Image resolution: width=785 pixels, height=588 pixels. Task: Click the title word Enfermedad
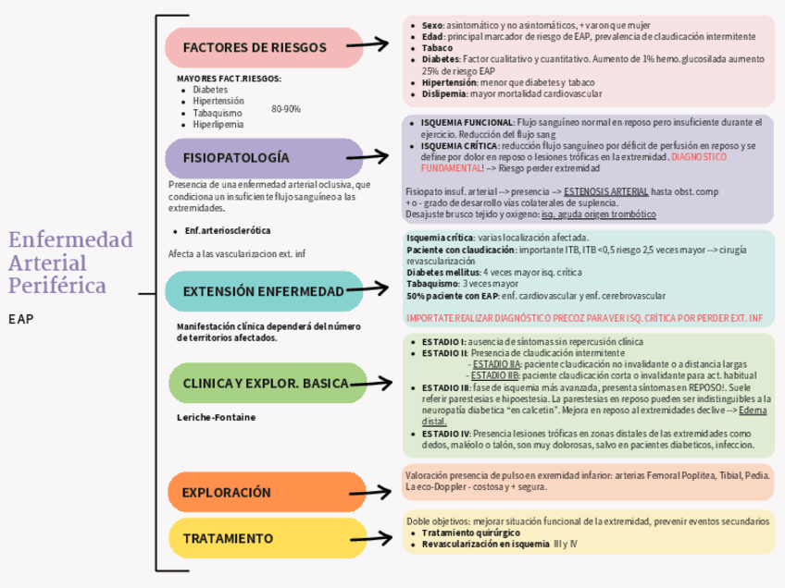click(x=70, y=240)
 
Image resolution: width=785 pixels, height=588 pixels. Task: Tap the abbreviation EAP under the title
click(x=21, y=319)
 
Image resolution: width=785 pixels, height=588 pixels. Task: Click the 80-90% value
click(x=286, y=109)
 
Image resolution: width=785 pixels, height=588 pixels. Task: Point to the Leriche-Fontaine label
click(x=216, y=418)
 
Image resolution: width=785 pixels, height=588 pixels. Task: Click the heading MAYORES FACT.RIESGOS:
click(x=229, y=79)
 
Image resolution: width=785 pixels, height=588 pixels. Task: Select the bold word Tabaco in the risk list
click(x=437, y=47)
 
